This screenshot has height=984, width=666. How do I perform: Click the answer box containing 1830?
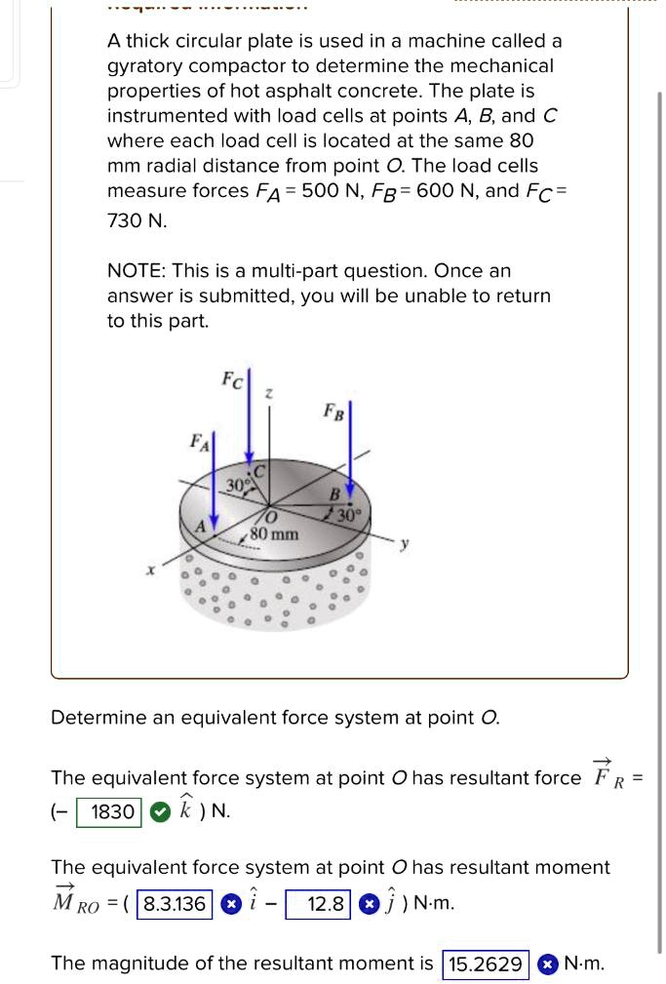113,811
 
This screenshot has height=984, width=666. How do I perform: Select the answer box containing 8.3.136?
175,904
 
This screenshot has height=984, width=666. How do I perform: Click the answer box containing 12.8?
318,904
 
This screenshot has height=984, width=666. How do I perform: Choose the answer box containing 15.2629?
485,964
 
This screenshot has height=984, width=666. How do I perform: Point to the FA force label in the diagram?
199,444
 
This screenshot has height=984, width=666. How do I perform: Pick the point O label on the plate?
272,516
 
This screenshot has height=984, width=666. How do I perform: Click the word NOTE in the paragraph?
135,270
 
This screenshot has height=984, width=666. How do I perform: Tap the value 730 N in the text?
137,221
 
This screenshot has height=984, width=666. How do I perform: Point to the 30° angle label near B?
349,514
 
